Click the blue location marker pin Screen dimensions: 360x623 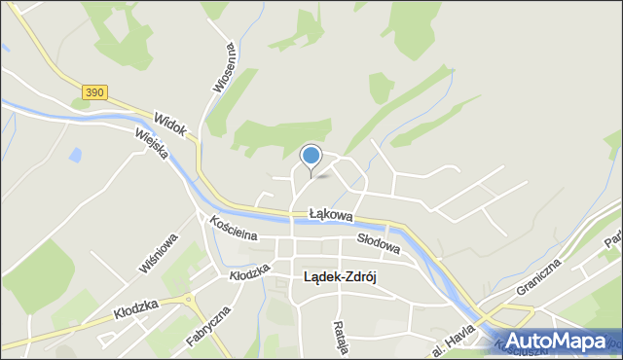point(311,156)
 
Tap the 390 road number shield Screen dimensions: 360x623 point(93,92)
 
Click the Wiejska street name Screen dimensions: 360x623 point(151,149)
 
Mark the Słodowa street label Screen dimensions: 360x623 point(378,247)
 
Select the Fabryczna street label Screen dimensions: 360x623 point(206,328)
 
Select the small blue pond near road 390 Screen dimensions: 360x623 point(75,156)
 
